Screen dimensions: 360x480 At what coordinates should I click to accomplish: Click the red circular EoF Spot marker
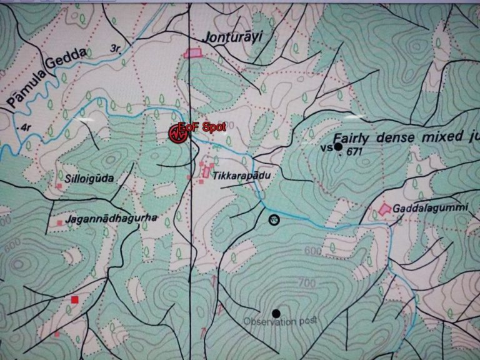coord(177,133)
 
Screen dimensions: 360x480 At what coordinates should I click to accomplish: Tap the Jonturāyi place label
coord(229,38)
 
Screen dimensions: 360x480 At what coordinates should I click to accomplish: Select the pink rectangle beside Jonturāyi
coord(194,53)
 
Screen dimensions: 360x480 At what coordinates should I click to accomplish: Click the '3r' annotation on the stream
coord(114,48)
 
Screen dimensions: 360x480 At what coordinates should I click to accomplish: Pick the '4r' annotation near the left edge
coord(26,127)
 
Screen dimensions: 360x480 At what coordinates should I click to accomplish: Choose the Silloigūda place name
coord(94,178)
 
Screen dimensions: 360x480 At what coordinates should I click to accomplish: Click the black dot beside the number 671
coord(338,146)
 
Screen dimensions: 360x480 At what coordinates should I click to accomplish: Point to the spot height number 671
coord(355,151)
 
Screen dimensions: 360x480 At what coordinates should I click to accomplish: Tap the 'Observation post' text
coord(280,321)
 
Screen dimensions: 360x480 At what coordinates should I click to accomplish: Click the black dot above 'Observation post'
coord(276,312)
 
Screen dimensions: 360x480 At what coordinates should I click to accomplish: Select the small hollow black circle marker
coord(273,219)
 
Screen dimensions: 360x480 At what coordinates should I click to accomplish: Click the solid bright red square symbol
coord(75,300)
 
